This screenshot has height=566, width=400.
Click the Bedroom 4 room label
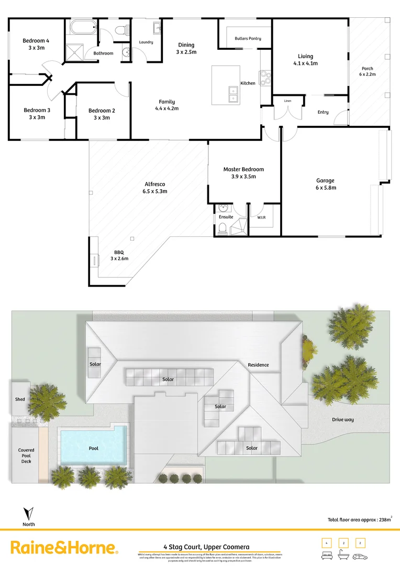[x=36, y=41]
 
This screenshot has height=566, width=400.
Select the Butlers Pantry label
[x=248, y=39]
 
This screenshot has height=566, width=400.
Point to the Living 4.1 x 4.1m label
[x=305, y=60]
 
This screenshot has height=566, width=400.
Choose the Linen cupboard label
[x=287, y=101]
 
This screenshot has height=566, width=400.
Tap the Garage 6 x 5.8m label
[x=326, y=183]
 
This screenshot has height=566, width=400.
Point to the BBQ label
[x=119, y=252]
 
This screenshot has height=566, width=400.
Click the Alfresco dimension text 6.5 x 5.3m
[x=154, y=191]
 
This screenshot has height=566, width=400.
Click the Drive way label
[x=343, y=419]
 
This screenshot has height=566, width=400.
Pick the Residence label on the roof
[x=258, y=365]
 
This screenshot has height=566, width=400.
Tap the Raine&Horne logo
[x=64, y=548]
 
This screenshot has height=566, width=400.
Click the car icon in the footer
[x=361, y=557]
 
